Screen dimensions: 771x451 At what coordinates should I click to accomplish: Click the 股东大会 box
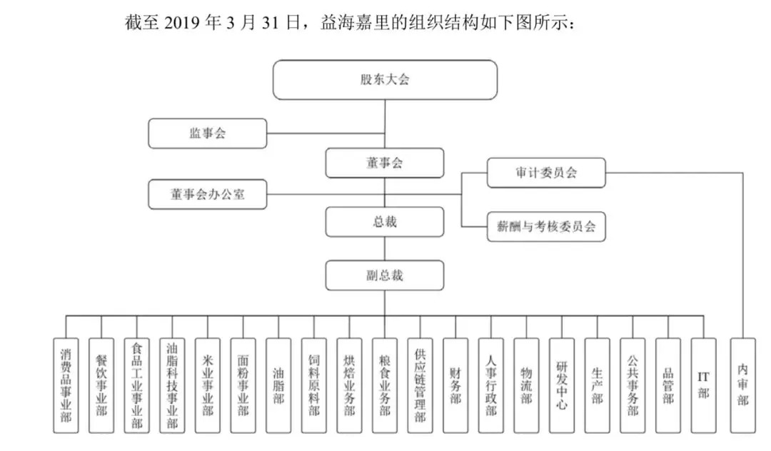pos(385,80)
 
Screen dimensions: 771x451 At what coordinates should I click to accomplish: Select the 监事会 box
pos(208,133)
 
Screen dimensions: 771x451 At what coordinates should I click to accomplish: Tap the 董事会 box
pos(385,163)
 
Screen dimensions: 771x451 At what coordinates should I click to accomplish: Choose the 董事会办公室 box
pos(208,194)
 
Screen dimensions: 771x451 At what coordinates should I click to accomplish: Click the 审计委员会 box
pos(546,173)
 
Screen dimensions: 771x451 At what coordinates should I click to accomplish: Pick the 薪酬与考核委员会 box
pos(546,226)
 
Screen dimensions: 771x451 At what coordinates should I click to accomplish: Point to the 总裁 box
pos(385,221)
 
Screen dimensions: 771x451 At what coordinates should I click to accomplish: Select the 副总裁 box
pos(385,275)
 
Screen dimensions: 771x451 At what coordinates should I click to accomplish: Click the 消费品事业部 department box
pos(66,385)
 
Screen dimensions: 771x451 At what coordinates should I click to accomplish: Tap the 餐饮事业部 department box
pos(101,385)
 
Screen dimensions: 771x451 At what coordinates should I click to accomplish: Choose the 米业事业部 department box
pos(208,385)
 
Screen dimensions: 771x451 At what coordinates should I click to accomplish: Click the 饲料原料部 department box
pos(313,385)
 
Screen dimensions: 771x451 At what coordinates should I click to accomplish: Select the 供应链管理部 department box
pos(420,385)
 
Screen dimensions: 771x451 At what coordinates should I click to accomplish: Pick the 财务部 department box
pos(455,385)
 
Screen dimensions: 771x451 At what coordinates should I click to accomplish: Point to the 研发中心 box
pos(562,385)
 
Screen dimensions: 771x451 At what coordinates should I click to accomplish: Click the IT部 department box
pos(703,385)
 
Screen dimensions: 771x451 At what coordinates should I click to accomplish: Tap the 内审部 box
pos(742,385)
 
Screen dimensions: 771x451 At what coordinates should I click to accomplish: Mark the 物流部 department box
pos(526,385)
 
